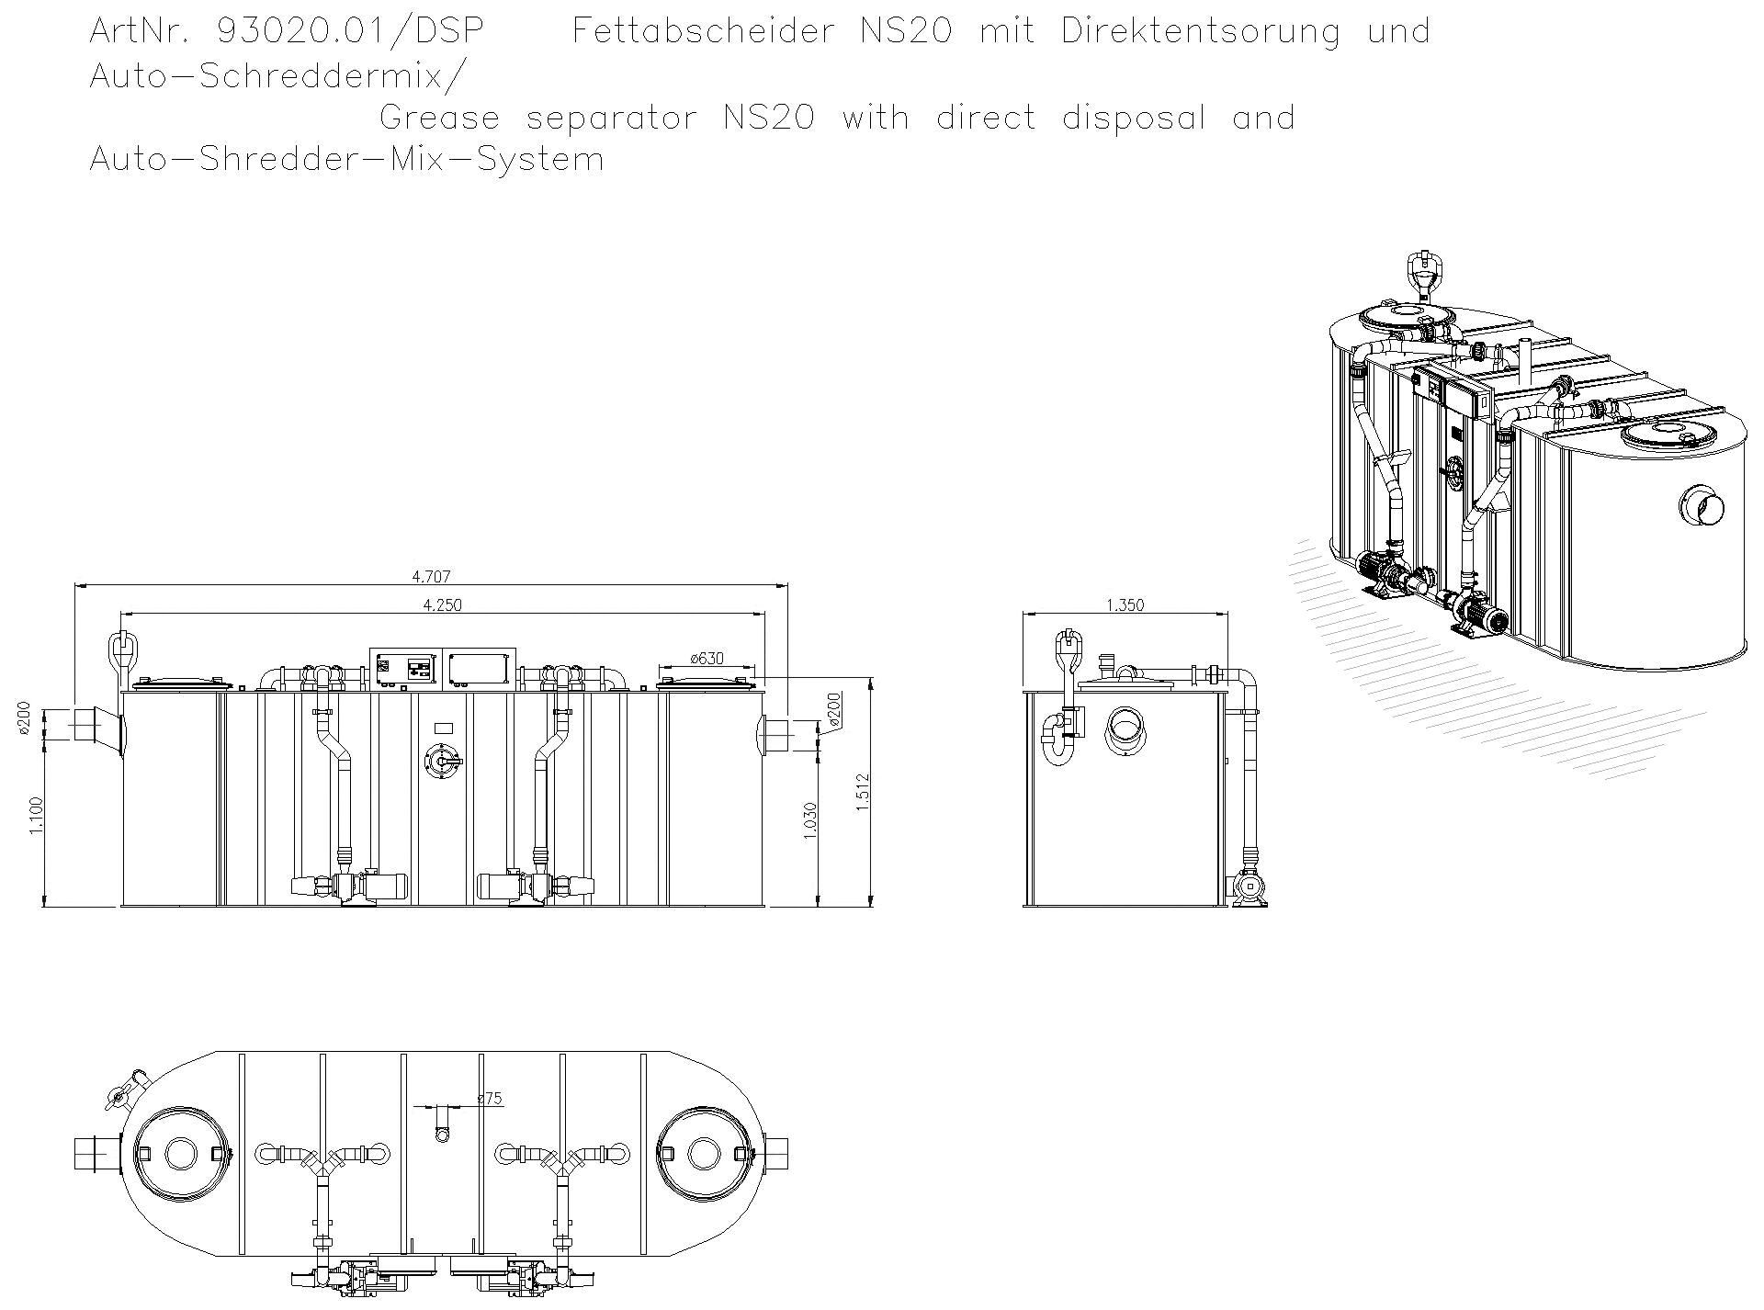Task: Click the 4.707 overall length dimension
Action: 431,577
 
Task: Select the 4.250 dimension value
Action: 442,604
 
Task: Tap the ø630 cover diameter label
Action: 707,659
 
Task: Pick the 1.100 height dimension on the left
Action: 36,816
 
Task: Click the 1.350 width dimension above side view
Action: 1125,605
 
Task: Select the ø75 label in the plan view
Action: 490,1098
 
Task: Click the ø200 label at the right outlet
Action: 833,710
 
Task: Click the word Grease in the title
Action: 439,118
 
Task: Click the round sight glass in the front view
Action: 442,763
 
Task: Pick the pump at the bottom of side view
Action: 1249,888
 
